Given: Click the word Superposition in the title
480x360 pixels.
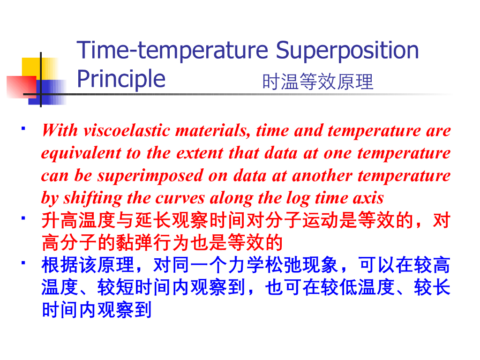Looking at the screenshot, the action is [347, 51].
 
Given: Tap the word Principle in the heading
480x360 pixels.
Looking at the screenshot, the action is [121, 79].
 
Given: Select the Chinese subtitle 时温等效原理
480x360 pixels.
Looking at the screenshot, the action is [318, 82].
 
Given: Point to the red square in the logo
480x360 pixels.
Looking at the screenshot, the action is [22, 87].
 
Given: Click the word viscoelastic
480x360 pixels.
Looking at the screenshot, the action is [127, 130].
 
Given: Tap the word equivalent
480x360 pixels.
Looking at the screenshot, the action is [81, 153].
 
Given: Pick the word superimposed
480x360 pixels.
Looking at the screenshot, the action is [150, 176].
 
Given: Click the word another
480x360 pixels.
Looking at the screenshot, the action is [322, 176].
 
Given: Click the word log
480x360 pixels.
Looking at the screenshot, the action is [298, 198].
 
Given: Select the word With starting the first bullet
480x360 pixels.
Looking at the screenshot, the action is [60, 130].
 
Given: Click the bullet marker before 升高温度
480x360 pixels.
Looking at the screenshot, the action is [23, 218].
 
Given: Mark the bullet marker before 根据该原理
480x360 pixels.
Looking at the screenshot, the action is [23, 262].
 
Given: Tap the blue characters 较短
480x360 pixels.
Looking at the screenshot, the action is [116, 287].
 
